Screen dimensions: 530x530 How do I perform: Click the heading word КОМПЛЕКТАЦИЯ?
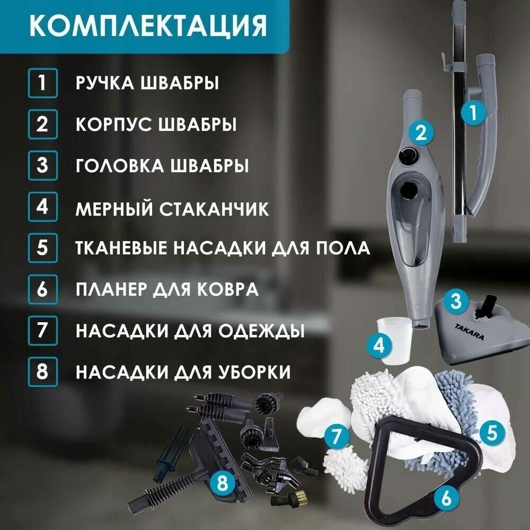148,25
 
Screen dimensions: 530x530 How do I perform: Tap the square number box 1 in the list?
42,83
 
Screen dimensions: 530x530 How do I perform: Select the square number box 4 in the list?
42,207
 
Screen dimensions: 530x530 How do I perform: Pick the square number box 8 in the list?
42,372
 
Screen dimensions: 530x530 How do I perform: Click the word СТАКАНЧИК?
214,209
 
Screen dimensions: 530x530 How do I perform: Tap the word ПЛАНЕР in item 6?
111,289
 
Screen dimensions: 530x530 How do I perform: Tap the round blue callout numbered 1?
473,112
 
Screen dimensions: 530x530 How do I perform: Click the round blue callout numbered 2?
421,133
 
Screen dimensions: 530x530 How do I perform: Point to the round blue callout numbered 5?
492,432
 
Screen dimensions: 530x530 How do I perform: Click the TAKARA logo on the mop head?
470,332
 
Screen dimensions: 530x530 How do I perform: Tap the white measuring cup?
394,341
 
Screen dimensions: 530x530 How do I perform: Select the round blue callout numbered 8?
222,483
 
